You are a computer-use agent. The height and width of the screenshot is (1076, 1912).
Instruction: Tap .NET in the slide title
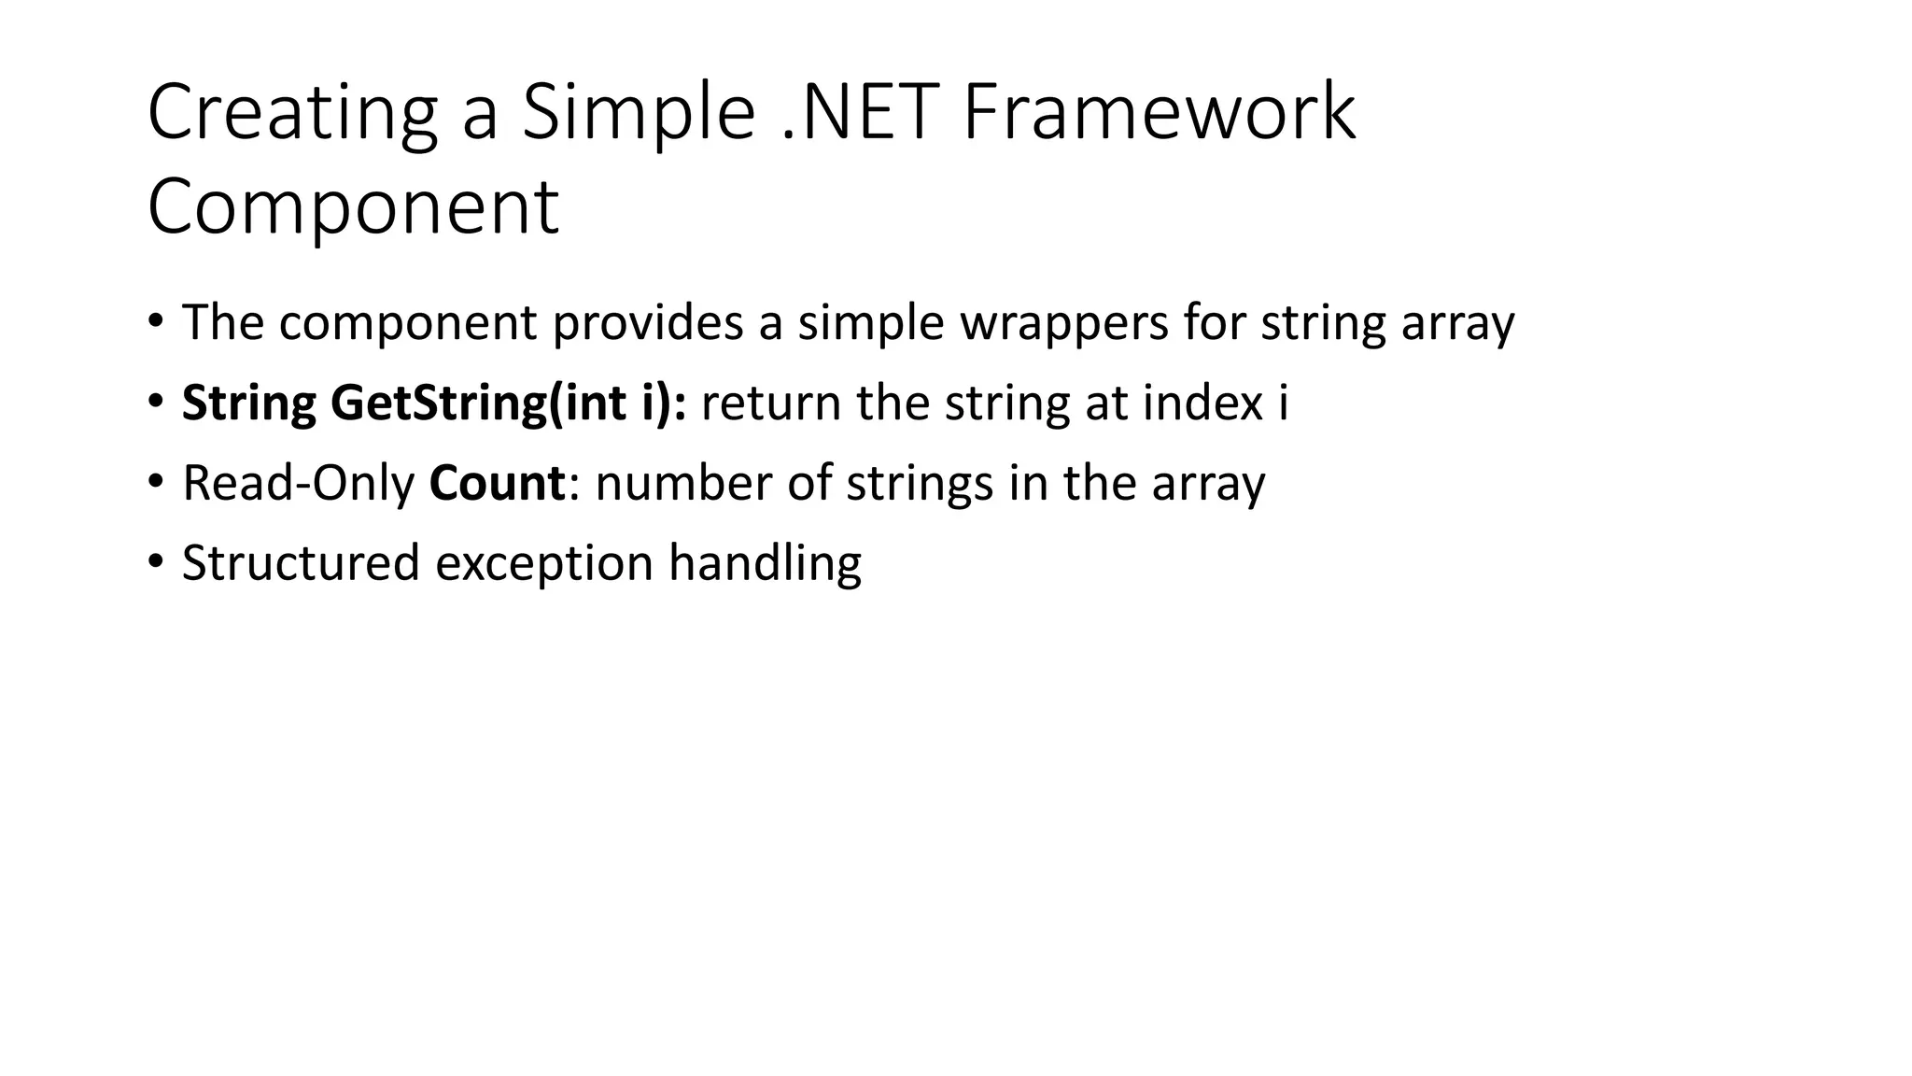(859, 113)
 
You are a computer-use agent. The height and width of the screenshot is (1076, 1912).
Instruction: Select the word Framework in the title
(1159, 113)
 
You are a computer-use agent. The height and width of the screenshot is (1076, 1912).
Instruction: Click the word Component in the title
(353, 207)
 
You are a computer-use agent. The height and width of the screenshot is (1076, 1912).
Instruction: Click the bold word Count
(497, 484)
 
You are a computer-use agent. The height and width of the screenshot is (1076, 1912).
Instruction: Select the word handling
(765, 564)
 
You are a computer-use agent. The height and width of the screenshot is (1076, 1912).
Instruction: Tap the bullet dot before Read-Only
(155, 482)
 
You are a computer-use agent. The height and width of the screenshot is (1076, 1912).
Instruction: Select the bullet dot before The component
(155, 321)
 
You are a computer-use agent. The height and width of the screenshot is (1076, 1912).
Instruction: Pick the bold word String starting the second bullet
(248, 403)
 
